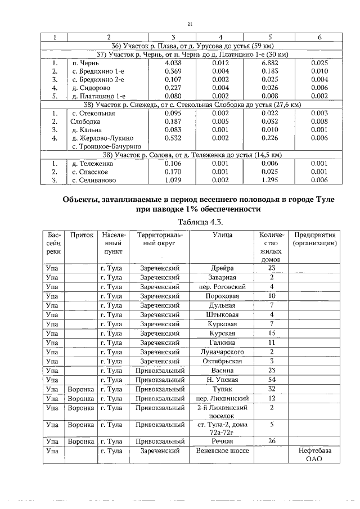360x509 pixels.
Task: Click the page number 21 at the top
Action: [x=190, y=24]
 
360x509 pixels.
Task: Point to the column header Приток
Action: [x=79, y=235]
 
